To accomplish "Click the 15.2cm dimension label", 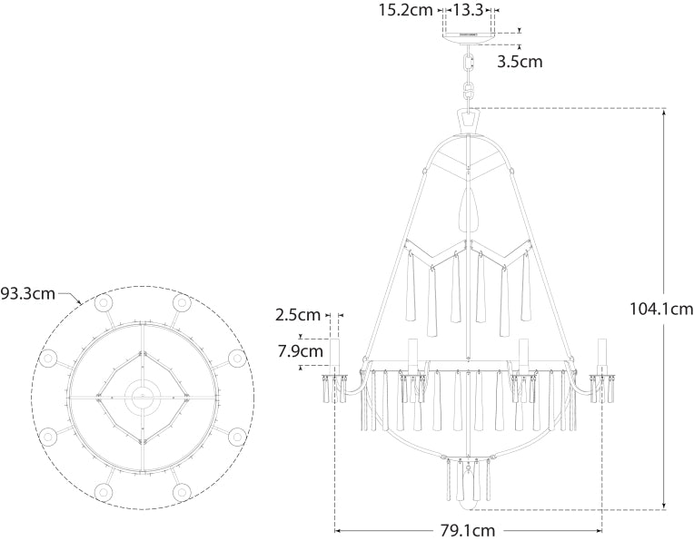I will click(x=407, y=10).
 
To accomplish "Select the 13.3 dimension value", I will click(x=468, y=10).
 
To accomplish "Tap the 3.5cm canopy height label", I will click(x=520, y=62).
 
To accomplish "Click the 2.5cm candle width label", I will click(x=298, y=315).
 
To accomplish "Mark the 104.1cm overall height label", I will click(x=660, y=309).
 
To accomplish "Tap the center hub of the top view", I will click(x=143, y=396).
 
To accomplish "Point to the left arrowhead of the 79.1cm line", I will click(x=340, y=529).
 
